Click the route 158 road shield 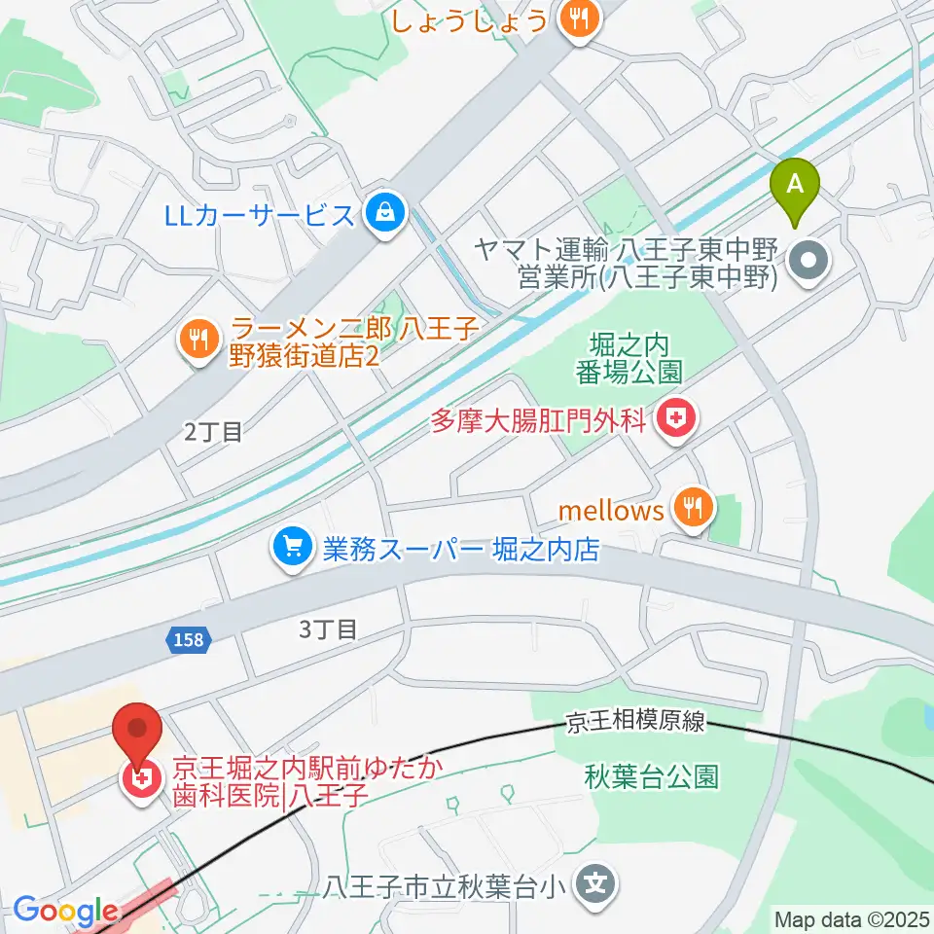pos(184,639)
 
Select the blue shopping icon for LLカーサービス pos(386,211)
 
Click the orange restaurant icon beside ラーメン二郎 pos(199,340)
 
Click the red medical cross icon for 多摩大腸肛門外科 pos(675,420)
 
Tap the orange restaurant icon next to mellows pos(694,508)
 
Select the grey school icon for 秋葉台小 pos(594,885)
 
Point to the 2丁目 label pos(213,432)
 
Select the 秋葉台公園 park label pos(652,776)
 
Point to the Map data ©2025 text pos(852,918)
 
